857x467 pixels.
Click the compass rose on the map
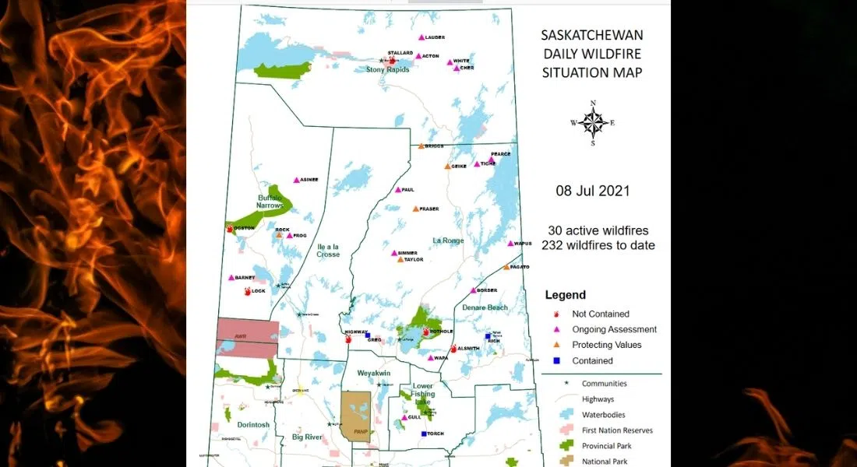(593, 123)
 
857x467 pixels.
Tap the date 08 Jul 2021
(592, 191)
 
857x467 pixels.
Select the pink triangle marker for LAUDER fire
(421, 37)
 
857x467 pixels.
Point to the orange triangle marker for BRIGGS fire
(421, 146)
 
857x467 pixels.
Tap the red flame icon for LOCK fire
(247, 291)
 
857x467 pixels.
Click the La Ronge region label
(448, 241)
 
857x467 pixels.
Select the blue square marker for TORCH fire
(424, 434)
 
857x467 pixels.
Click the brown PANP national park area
(358, 417)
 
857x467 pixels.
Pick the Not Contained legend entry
(601, 314)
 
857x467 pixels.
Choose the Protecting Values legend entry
(606, 345)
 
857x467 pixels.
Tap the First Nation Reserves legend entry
(617, 430)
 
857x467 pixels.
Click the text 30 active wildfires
(598, 231)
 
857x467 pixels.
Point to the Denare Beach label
(485, 307)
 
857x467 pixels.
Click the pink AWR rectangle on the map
(247, 337)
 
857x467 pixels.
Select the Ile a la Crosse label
(328, 250)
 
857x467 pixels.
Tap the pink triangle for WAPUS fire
(510, 244)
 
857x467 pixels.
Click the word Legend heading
(566, 295)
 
